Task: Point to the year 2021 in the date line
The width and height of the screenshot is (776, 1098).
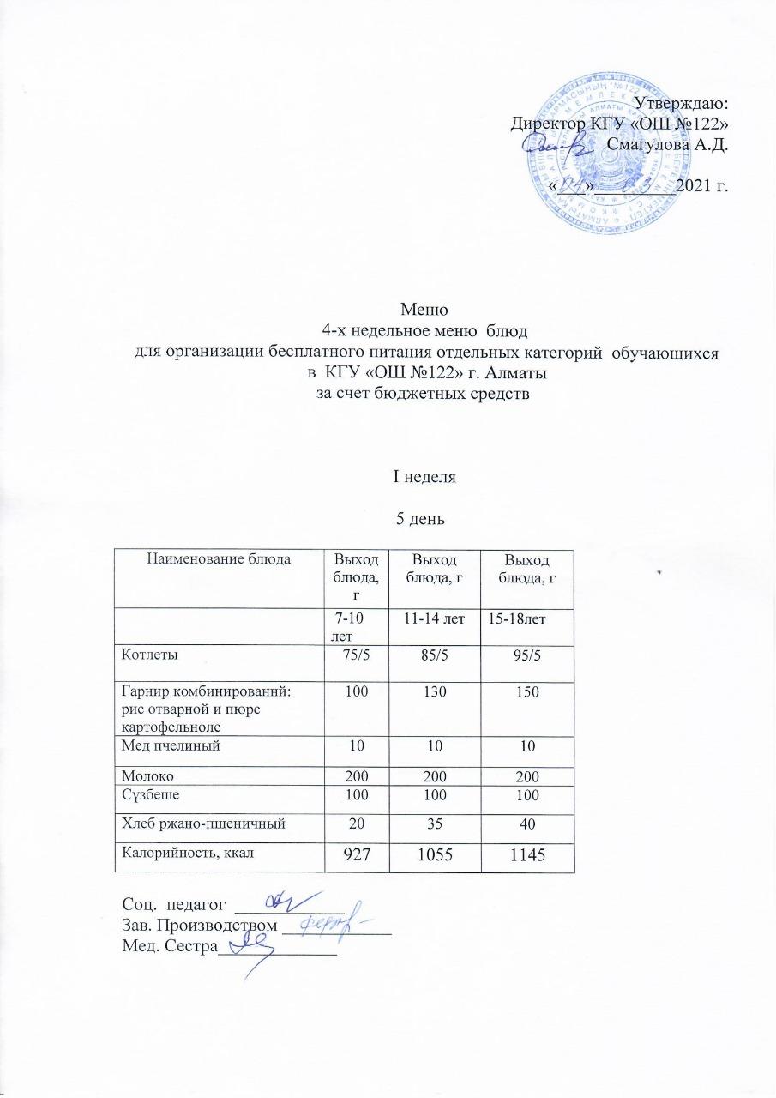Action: pos(695,184)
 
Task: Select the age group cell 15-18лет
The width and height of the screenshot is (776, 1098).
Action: pos(518,618)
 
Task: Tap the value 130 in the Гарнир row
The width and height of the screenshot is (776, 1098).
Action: pos(436,692)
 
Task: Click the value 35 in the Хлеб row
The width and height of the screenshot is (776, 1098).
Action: pos(436,824)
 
